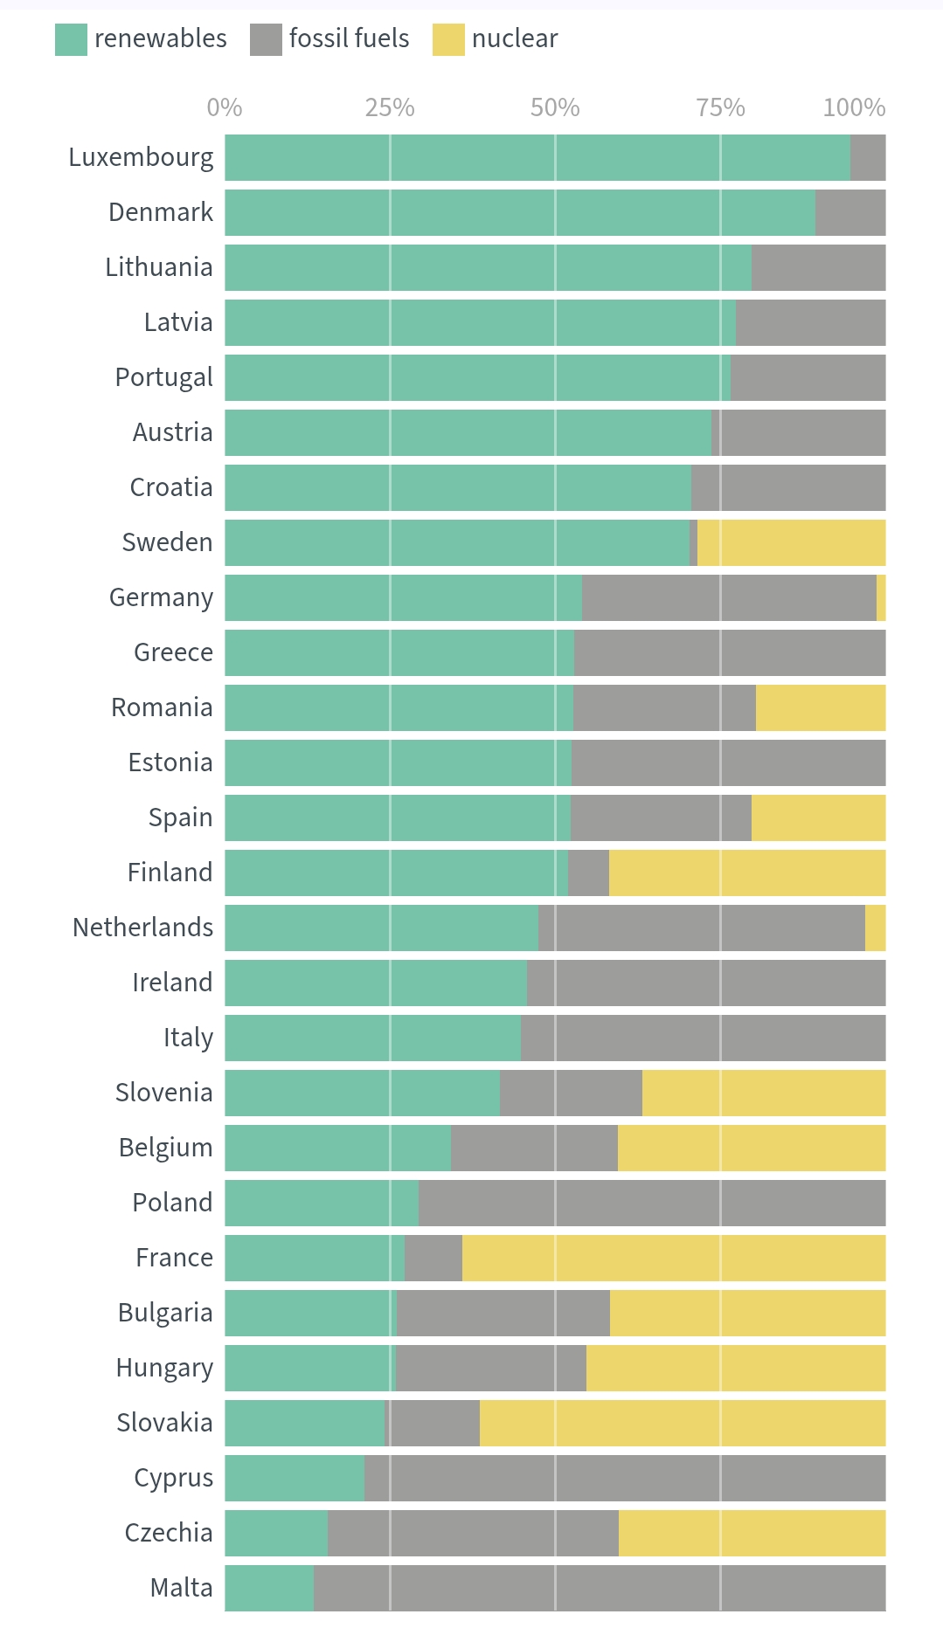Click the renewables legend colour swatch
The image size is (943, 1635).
71,39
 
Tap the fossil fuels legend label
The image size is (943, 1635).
349,38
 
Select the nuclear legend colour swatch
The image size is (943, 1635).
448,39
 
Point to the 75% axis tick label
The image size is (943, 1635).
720,107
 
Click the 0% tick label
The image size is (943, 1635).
225,107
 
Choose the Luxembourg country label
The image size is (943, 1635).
141,157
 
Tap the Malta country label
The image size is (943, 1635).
182,1588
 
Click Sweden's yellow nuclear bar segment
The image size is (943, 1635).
791,542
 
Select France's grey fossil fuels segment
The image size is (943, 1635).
433,1258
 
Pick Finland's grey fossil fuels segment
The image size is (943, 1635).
588,873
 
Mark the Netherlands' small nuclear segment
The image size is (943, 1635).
875,928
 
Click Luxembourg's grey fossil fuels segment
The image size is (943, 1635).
868,157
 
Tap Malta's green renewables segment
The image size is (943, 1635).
269,1588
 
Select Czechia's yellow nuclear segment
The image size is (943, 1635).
752,1533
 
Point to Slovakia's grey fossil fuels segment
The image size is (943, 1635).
433,1423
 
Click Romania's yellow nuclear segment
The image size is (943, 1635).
821,707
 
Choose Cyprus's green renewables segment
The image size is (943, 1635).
295,1478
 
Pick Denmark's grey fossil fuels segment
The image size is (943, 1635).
850,212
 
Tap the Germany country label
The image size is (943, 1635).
161,597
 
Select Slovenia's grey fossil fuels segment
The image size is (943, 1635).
571,1093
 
